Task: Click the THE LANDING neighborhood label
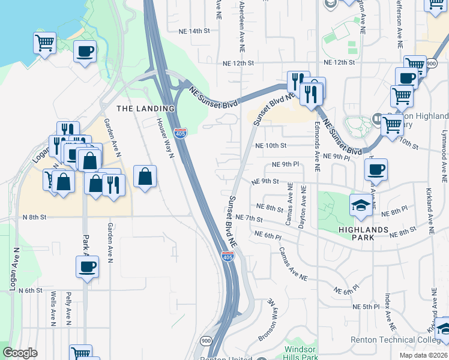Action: [145, 109]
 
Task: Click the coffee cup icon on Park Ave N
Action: [86, 267]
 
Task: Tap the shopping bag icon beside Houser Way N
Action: [145, 176]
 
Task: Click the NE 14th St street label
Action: [193, 30]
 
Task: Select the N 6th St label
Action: [30, 290]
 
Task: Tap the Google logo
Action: [20, 353]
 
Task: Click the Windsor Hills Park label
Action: [301, 353]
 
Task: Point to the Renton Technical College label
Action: [399, 340]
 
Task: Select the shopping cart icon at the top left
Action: [44, 43]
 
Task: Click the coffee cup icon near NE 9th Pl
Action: [375, 169]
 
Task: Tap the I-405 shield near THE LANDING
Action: [180, 133]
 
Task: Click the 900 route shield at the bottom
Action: [206, 341]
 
